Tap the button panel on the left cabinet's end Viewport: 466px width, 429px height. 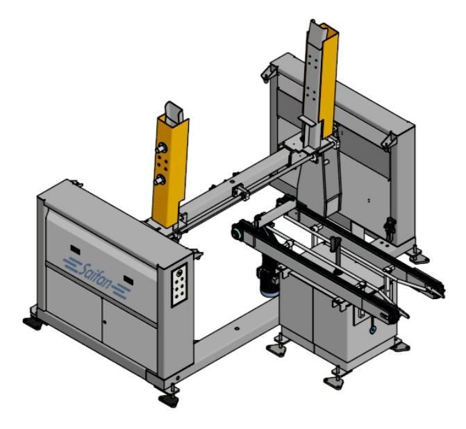click(180, 285)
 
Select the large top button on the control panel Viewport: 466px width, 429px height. click(179, 273)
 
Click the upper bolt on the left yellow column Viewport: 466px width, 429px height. click(162, 147)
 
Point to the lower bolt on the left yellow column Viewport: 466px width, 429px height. click(160, 179)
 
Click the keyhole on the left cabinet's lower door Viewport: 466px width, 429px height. click(105, 322)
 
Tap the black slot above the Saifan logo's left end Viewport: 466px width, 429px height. click(75, 250)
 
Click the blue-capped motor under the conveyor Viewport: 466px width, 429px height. click(268, 281)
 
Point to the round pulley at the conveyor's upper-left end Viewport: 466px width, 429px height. click(238, 233)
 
